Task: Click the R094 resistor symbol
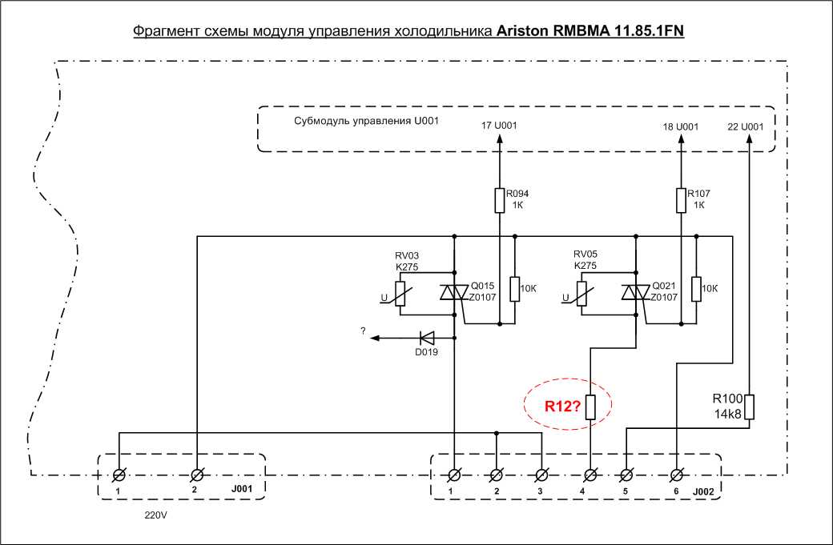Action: coord(499,199)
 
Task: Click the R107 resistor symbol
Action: coord(680,199)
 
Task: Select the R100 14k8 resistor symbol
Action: coord(749,406)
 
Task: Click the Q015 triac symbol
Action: coord(454,295)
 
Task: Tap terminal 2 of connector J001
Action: coord(196,475)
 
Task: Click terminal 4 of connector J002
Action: coord(591,475)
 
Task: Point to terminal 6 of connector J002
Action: coord(677,475)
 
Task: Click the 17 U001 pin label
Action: coord(499,126)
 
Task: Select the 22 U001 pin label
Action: coord(745,126)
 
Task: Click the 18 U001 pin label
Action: coord(680,126)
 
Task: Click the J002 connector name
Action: coord(702,490)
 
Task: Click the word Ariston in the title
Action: coord(521,31)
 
